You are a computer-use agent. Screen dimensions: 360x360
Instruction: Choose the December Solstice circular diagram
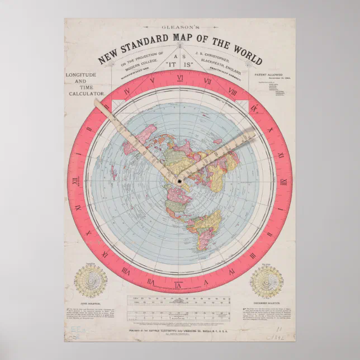pyautogui.click(x=267, y=281)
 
